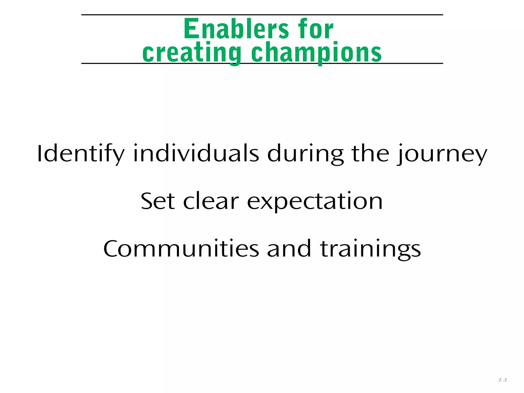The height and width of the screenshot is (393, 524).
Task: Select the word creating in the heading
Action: point(192,52)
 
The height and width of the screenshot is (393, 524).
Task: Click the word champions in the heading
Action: point(316,52)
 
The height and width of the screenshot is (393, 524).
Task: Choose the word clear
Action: point(211,201)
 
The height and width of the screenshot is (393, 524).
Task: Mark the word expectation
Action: point(315,201)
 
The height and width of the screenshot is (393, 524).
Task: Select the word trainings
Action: point(370,249)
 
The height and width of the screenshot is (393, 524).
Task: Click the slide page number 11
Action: point(503,380)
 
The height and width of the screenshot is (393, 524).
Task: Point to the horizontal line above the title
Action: point(262,15)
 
